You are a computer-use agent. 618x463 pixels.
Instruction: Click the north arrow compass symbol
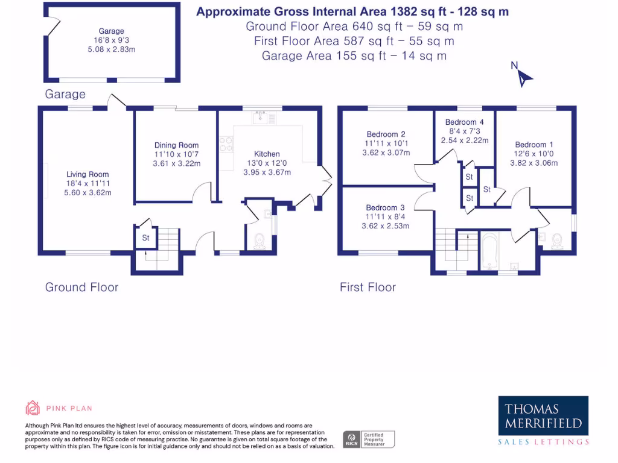click(x=524, y=77)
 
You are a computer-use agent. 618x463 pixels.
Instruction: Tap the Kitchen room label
click(x=266, y=154)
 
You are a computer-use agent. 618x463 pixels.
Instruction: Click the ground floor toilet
click(x=260, y=241)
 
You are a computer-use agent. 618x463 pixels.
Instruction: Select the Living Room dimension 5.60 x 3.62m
click(x=88, y=193)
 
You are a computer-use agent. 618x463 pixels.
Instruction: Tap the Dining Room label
click(x=176, y=145)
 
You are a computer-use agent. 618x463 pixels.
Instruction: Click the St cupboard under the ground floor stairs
click(x=145, y=238)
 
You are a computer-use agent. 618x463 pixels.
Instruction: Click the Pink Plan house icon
click(x=33, y=408)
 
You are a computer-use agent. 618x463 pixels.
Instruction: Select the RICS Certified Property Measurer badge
click(x=369, y=439)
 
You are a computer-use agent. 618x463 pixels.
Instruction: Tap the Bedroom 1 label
click(x=534, y=145)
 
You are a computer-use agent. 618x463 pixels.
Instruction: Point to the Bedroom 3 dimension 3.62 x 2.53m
click(x=385, y=226)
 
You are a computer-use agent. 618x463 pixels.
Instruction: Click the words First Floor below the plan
click(x=368, y=288)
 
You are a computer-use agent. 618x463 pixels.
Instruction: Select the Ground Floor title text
click(x=81, y=288)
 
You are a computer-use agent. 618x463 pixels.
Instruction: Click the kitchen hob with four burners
click(x=227, y=145)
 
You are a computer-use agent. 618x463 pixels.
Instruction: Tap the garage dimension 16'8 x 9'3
click(x=111, y=40)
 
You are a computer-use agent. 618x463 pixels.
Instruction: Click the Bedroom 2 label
click(x=386, y=134)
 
